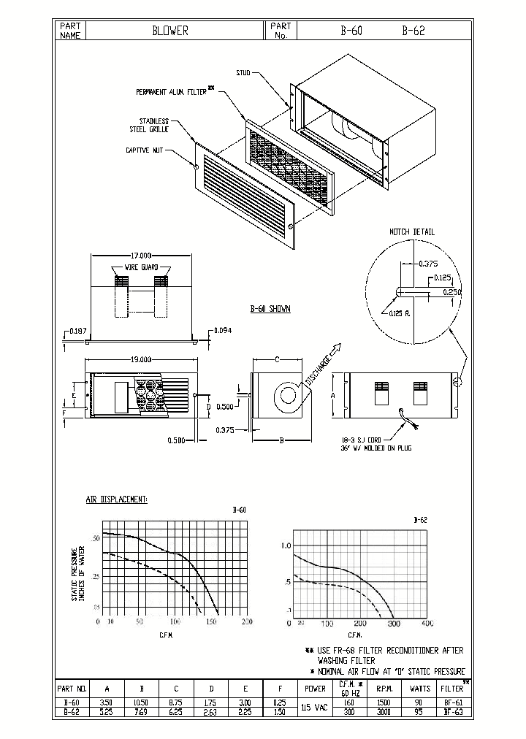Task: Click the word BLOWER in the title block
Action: point(170,31)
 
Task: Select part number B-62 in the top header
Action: point(413,31)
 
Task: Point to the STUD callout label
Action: point(243,72)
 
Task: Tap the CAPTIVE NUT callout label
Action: point(143,150)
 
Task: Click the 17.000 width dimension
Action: point(140,256)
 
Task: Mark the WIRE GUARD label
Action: point(141,268)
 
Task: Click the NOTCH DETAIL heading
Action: point(411,231)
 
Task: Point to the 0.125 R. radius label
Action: point(401,313)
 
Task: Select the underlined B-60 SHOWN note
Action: point(270,309)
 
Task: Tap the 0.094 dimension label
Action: point(224,331)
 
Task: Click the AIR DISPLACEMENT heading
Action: point(117,499)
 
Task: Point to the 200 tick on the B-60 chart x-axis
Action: point(247,621)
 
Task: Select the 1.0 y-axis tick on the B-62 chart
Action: point(286,545)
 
